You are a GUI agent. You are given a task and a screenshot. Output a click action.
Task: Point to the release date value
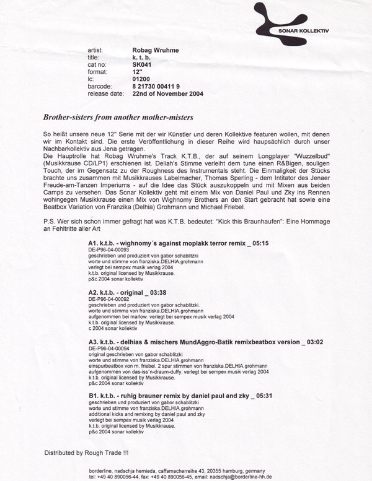coord(167,94)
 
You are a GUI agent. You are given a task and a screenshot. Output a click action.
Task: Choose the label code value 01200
coord(142,79)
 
